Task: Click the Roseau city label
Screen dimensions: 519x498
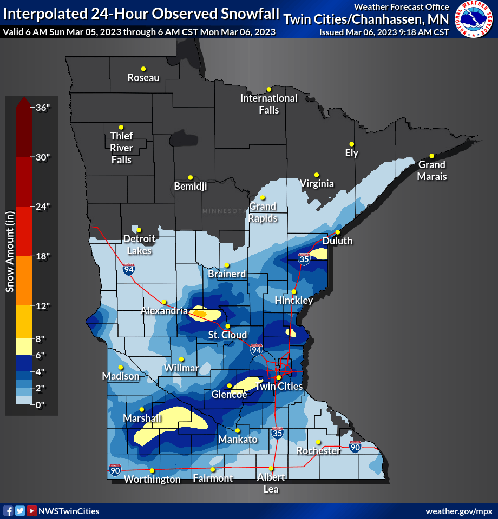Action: click(143, 78)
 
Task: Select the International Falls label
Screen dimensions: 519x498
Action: click(268, 104)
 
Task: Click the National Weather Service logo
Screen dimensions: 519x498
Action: click(474, 19)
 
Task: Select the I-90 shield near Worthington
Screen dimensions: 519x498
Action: click(115, 470)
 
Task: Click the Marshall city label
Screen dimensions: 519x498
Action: click(142, 418)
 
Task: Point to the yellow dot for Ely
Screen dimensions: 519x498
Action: click(351, 144)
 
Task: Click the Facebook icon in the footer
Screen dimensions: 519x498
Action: click(8, 511)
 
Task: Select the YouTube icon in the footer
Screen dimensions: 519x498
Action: click(32, 511)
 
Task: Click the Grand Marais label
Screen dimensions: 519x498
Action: click(431, 170)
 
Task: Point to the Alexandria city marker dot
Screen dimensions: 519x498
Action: click(164, 302)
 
